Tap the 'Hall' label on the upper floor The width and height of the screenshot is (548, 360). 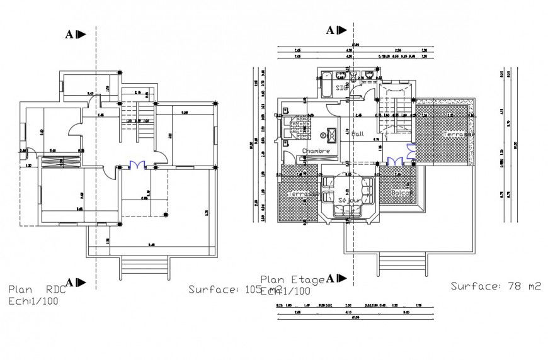(358, 134)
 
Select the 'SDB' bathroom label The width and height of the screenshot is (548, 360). (342, 87)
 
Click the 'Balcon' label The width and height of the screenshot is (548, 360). (402, 193)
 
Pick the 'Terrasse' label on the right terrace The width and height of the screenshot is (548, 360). (459, 135)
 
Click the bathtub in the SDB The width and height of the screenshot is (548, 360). (326, 85)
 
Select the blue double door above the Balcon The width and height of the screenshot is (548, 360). (396, 161)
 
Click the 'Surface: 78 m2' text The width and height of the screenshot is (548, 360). (496, 286)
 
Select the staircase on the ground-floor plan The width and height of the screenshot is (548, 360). (145, 123)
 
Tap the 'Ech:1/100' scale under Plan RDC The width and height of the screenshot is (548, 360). (35, 301)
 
